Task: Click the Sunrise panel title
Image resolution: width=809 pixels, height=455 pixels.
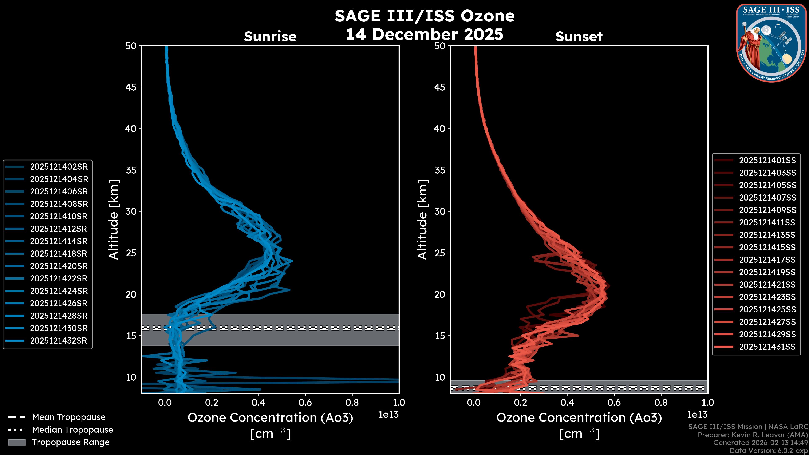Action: pos(270,37)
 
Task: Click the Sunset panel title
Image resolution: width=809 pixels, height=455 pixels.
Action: pos(579,37)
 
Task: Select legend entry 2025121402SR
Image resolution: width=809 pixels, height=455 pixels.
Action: pos(59,167)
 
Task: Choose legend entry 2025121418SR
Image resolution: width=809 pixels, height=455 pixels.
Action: pos(59,254)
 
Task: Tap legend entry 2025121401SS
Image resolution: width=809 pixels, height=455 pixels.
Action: pos(767,161)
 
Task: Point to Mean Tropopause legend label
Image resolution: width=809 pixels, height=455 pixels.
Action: pos(69,417)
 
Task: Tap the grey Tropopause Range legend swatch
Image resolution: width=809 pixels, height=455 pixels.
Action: pos(17,442)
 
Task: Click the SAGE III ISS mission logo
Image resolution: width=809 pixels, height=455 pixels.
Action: pos(771,43)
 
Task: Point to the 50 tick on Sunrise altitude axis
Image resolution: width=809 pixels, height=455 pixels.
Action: pos(131,46)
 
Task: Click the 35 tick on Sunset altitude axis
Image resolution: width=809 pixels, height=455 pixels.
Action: pos(440,170)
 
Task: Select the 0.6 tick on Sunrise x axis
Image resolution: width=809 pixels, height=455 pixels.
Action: pos(305,403)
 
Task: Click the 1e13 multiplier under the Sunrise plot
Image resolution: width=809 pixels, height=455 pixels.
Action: pos(388,415)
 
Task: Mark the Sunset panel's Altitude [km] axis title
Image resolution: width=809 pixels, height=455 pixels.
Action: pos(423,220)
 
